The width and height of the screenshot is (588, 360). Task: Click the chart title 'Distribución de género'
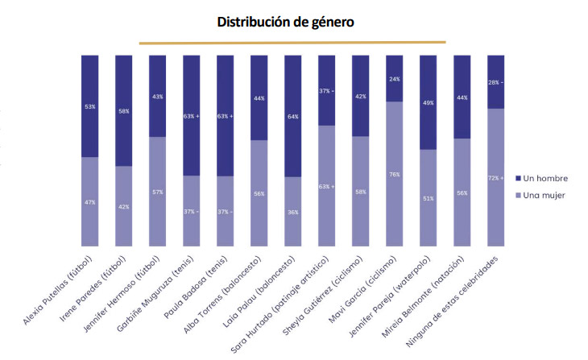pyautogui.click(x=285, y=22)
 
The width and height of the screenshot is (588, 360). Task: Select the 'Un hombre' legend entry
pyautogui.click(x=541, y=179)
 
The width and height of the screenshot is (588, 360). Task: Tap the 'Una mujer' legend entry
pyautogui.click(x=540, y=196)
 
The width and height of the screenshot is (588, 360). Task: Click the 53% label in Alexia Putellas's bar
pyautogui.click(x=90, y=107)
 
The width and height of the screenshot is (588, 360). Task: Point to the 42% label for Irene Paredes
pyautogui.click(x=124, y=207)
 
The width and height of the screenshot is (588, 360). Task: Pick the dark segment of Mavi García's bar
pyautogui.click(x=395, y=78)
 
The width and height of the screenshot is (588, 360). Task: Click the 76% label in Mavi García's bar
pyautogui.click(x=395, y=175)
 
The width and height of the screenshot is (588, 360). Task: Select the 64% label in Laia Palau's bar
pyautogui.click(x=293, y=117)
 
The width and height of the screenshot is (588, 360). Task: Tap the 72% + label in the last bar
pyautogui.click(x=495, y=178)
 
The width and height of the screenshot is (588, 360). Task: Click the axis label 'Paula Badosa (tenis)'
pyautogui.click(x=197, y=288)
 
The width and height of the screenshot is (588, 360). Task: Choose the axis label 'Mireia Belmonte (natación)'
pyautogui.click(x=424, y=297)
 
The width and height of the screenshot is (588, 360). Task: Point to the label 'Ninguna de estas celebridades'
pyautogui.click(x=452, y=301)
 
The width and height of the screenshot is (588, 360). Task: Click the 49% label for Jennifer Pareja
pyautogui.click(x=429, y=103)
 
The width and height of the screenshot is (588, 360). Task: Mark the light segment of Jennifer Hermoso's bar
pyautogui.click(x=158, y=192)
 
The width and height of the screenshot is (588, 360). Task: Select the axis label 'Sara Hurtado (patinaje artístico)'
pyautogui.click(x=280, y=304)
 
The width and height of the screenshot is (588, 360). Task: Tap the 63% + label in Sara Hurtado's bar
pyautogui.click(x=327, y=186)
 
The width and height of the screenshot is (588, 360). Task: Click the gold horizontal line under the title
pyautogui.click(x=292, y=43)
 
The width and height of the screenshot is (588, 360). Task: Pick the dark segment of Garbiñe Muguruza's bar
pyautogui.click(x=191, y=115)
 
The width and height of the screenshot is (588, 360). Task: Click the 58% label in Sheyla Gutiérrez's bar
pyautogui.click(x=361, y=192)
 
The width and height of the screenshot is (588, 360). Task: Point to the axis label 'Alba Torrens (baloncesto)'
pyautogui.click(x=222, y=295)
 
